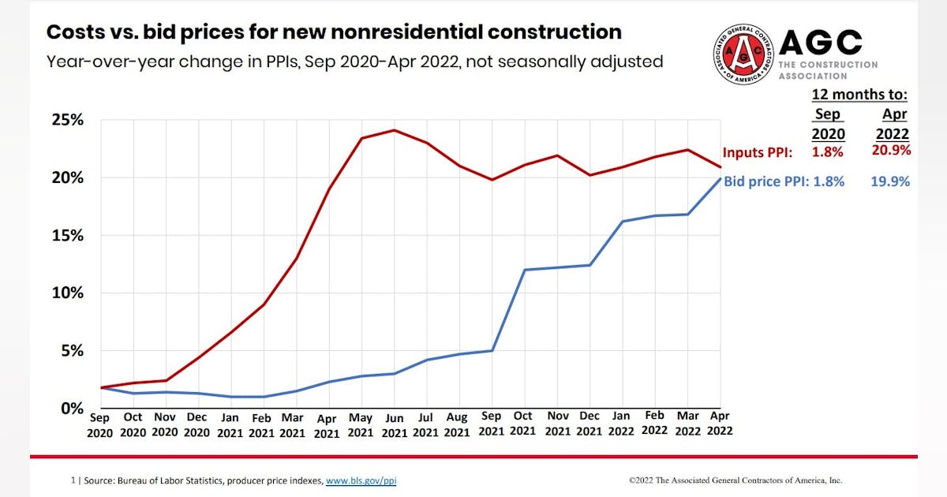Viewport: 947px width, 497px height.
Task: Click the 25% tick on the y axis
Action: [x=67, y=120]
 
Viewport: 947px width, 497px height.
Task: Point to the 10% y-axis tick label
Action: [x=67, y=293]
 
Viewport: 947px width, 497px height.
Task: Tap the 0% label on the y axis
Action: [x=73, y=408]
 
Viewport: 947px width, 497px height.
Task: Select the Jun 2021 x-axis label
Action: [x=394, y=424]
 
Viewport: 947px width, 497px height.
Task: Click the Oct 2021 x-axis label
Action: [x=524, y=424]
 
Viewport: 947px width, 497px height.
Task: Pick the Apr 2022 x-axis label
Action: [x=720, y=424]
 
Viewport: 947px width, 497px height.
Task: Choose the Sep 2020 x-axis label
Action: [x=100, y=424]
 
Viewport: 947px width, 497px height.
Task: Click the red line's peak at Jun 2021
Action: [x=394, y=130]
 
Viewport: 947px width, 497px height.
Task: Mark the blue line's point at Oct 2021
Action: [x=524, y=270]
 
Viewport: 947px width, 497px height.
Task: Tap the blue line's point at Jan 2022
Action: [x=623, y=222]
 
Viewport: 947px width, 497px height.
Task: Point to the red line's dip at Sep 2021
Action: [x=491, y=180]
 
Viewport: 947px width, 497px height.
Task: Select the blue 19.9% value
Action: [x=890, y=181]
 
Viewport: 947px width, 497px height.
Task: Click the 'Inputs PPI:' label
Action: [x=758, y=152]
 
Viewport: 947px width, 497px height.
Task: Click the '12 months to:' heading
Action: [x=860, y=95]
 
